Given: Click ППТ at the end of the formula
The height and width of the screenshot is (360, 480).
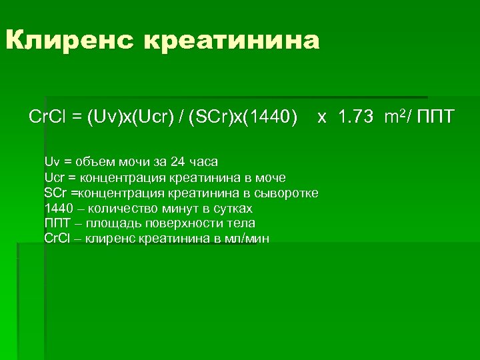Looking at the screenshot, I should (x=435, y=118).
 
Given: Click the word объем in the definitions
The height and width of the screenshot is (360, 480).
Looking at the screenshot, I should (x=93, y=162).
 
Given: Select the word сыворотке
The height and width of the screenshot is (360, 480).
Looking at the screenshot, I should (x=287, y=193).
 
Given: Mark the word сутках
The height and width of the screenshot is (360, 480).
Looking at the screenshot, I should (x=230, y=209).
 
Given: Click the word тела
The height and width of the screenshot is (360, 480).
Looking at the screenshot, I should (x=242, y=224).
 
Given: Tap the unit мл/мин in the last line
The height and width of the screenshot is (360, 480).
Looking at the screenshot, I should (x=246, y=239).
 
